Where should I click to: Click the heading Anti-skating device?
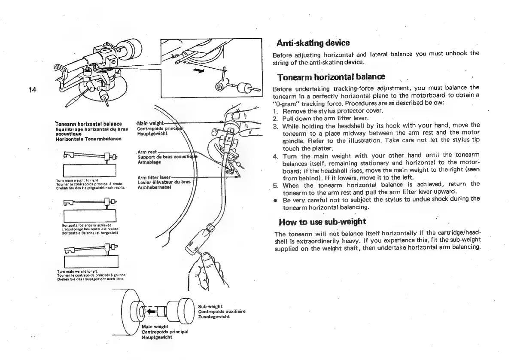pos(311,43)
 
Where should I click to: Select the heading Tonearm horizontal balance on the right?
pos(331,78)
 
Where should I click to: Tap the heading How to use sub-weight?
pos(322,222)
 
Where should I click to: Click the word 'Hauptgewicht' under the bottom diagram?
pos(157,337)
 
